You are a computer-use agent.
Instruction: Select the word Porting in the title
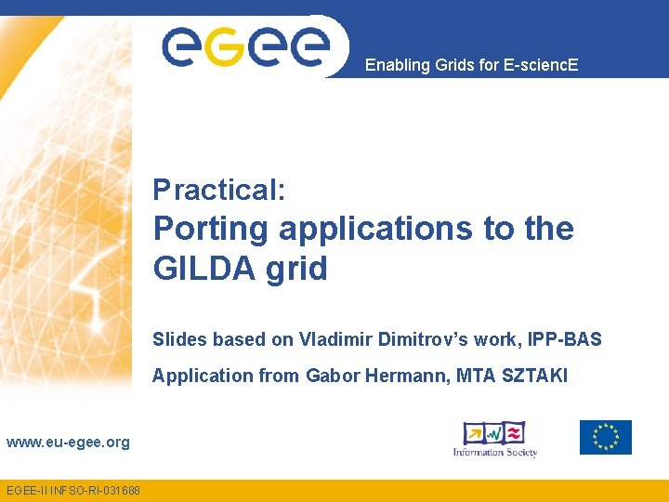click(211, 229)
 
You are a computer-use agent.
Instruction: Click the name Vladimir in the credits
click(336, 339)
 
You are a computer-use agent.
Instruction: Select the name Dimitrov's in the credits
click(417, 339)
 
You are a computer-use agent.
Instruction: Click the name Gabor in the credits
click(328, 376)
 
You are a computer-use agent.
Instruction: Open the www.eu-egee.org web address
click(68, 443)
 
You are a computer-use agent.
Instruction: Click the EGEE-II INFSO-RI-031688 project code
click(73, 490)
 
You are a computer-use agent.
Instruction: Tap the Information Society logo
click(495, 438)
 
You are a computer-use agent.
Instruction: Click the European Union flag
click(605, 437)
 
